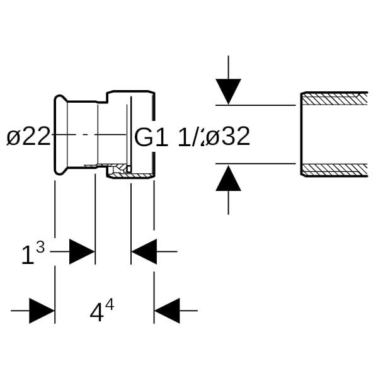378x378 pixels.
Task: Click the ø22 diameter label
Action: click(28, 136)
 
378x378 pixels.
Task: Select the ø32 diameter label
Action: click(228, 136)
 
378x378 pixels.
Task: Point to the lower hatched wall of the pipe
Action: click(335, 169)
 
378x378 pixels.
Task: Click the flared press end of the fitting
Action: click(60, 134)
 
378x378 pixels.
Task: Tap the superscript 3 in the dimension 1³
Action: click(40, 248)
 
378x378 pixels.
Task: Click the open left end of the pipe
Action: click(301, 134)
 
